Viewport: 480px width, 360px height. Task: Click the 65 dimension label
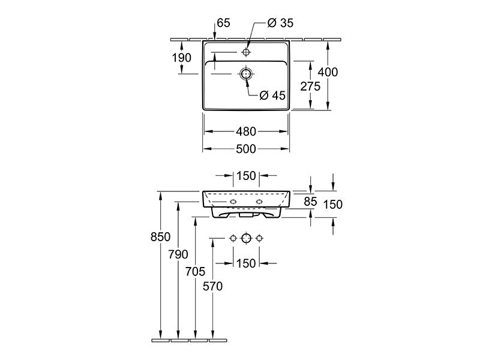tap(223, 23)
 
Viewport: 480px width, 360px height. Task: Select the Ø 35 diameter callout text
tap(280, 23)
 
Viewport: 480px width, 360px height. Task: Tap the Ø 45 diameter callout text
tap(272, 95)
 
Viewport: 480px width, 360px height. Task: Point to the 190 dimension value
tap(182, 58)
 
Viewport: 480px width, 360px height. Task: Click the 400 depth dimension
tap(328, 72)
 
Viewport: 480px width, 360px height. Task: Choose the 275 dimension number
tap(310, 86)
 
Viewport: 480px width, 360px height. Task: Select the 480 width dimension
tap(246, 131)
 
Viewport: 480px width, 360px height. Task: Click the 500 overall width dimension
tap(246, 149)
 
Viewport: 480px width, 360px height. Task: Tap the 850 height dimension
tap(160, 237)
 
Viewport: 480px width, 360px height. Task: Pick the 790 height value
tap(178, 254)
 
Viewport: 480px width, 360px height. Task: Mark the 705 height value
tap(195, 271)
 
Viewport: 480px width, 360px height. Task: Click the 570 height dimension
tap(212, 287)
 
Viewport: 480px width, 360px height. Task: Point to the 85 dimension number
tap(310, 202)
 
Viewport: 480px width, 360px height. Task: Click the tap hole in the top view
tap(246, 52)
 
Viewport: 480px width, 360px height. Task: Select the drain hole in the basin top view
tap(246, 74)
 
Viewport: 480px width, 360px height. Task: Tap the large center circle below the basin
tap(247, 238)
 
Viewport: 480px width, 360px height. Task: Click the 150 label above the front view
tap(246, 176)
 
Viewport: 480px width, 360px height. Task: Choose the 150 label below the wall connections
tap(246, 263)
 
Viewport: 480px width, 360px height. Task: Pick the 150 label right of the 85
tap(333, 205)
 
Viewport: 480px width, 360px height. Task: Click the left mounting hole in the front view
tap(233, 202)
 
